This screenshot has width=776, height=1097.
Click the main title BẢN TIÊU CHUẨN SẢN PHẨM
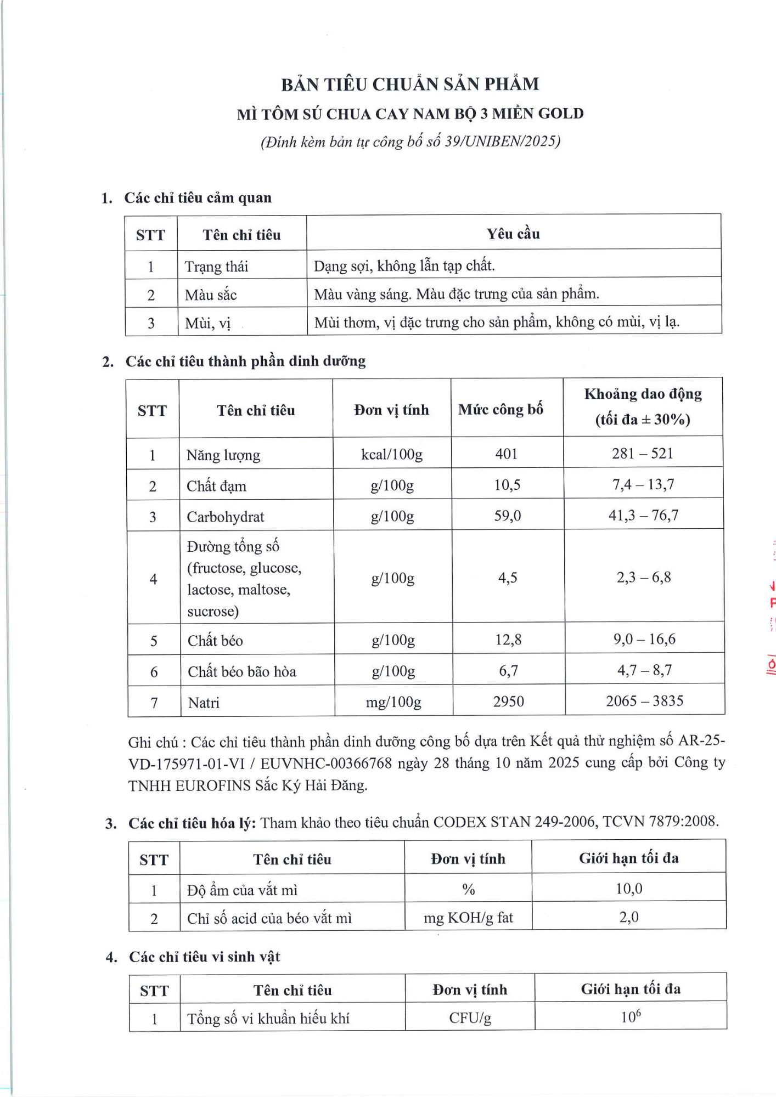point(410,84)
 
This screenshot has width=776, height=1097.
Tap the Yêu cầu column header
point(513,234)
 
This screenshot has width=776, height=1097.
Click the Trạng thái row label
point(216,267)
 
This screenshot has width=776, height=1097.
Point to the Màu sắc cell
point(211,295)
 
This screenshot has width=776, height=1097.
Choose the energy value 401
point(506,454)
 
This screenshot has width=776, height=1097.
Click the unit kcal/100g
point(392,454)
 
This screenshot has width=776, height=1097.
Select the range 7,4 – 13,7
point(643,484)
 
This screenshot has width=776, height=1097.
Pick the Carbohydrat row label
point(226,517)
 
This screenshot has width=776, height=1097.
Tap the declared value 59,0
point(508,516)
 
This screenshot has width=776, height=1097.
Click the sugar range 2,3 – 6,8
point(644,577)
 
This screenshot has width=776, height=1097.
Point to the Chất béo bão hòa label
point(242,671)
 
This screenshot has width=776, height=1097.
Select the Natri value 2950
point(508,701)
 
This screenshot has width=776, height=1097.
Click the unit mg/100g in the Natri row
point(393,702)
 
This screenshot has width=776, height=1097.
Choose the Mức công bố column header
point(501,409)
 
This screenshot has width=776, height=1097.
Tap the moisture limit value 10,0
point(629,889)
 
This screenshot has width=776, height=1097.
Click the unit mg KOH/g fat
point(468,918)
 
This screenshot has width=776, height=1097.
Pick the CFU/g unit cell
point(470,1018)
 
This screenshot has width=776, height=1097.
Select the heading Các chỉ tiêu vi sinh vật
point(204,957)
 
